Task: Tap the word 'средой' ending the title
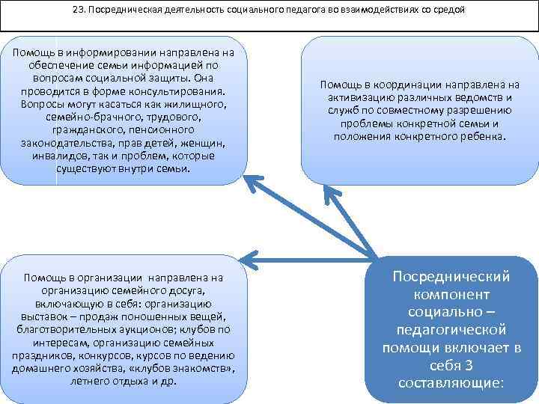tap(448, 10)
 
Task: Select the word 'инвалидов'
tap(60, 156)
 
